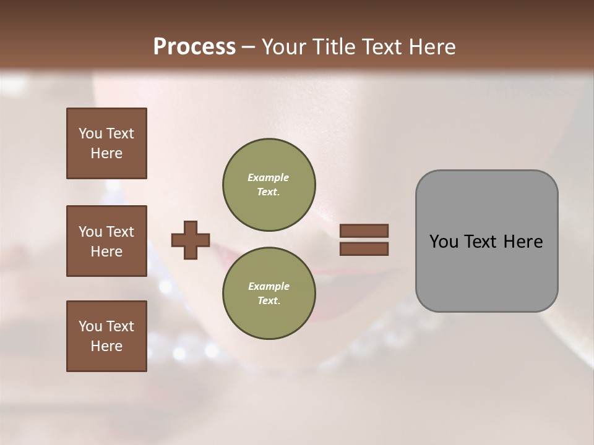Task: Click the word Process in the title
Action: [x=194, y=47]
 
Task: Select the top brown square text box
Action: [x=106, y=143]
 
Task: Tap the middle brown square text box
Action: [x=106, y=241]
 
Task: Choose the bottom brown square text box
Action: [x=106, y=336]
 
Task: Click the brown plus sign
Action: [x=191, y=240]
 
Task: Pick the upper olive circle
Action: [x=269, y=184]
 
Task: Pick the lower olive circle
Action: [x=269, y=293]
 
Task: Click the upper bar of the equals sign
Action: [x=364, y=231]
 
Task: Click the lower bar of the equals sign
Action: [x=364, y=249]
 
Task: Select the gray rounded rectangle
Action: [x=486, y=241]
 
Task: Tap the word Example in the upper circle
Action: [x=269, y=177]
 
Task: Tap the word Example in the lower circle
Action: [x=269, y=286]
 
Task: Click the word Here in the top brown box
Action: [x=106, y=153]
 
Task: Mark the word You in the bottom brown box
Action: [x=90, y=326]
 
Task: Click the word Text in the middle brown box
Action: [x=119, y=232]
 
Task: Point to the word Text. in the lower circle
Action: [x=269, y=300]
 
